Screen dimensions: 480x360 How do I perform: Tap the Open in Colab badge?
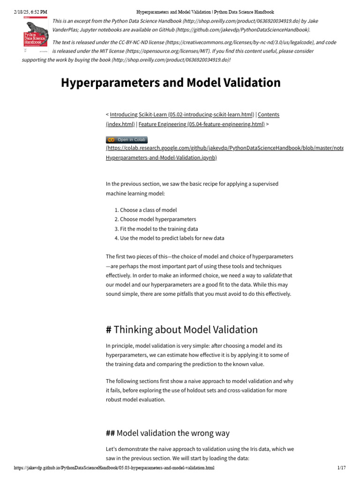click(127, 140)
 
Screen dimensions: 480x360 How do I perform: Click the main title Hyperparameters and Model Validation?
click(171, 82)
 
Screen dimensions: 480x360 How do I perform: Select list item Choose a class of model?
click(148, 210)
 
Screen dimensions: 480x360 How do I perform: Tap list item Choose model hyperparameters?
click(158, 219)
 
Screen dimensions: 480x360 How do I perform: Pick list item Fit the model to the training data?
click(159, 229)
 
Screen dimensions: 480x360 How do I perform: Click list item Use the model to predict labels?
click(172, 238)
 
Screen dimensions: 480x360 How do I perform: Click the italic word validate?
click(272, 276)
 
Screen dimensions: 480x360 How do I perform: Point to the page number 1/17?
click(341, 468)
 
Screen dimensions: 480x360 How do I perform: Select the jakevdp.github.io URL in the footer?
click(114, 468)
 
